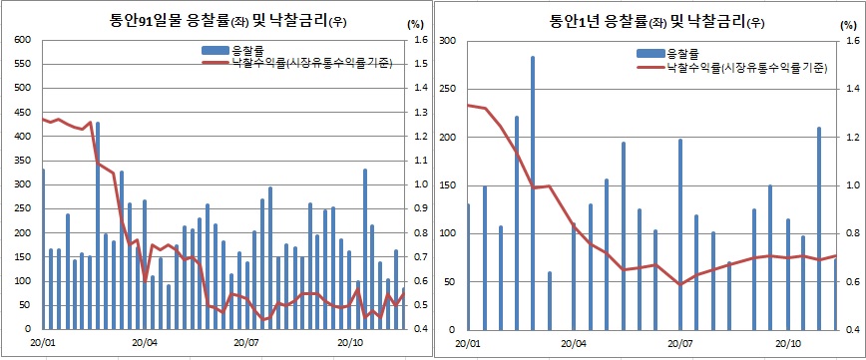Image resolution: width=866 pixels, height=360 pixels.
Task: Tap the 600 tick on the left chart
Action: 21,40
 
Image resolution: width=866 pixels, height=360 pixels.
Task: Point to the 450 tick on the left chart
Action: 21,113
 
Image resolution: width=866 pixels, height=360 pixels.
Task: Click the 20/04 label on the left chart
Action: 146,344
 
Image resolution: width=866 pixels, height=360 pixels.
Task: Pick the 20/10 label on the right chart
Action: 787,344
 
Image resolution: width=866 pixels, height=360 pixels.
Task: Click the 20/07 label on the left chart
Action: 248,344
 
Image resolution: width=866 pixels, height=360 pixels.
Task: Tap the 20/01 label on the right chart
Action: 467,344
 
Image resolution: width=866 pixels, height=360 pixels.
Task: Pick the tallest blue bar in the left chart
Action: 97,226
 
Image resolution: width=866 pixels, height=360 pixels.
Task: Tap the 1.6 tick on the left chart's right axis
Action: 420,40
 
